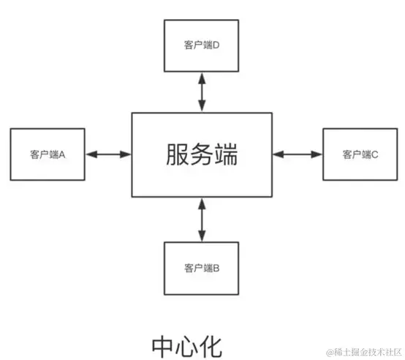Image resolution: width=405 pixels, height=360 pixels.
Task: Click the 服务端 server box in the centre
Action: [202, 154]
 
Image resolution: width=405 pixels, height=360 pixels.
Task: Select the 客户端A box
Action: [48, 154]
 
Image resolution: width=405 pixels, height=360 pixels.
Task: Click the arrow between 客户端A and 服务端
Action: [108, 154]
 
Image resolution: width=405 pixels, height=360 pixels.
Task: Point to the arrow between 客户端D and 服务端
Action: [202, 93]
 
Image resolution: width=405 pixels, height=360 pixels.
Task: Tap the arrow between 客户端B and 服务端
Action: [202, 220]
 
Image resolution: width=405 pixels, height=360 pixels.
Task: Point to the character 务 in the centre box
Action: [202, 155]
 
